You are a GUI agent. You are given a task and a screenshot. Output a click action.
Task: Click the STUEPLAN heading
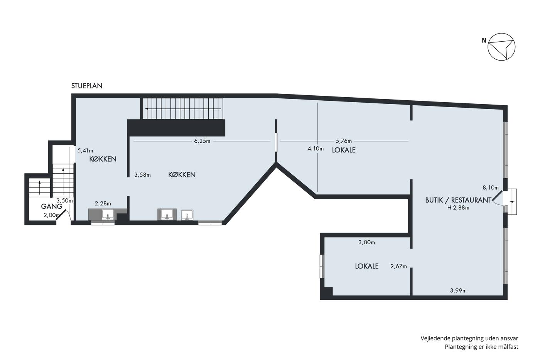coord(87,86)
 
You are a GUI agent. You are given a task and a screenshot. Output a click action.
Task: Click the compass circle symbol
coord(501,47)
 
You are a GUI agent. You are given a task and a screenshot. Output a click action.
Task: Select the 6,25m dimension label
coord(202,141)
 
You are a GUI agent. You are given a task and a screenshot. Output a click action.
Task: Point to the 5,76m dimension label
coord(344,141)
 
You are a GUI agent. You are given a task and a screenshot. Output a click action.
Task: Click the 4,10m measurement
coord(316,149)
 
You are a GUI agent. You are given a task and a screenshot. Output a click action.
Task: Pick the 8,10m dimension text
coord(491,188)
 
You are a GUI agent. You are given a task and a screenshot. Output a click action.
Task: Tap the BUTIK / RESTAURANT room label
coord(458,200)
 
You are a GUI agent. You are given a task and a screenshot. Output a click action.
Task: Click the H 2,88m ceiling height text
coord(458,208)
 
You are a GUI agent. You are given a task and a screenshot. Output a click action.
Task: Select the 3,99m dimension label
coord(458,291)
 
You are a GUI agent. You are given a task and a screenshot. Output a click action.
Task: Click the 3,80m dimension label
coord(367,243)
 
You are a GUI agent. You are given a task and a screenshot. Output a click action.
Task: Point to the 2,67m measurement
coord(398,267)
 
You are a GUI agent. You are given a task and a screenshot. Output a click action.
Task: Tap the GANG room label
coord(52,206)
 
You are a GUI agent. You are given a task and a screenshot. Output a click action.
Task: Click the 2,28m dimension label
coord(103,204)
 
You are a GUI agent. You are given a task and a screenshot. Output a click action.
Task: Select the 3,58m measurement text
coord(142,175)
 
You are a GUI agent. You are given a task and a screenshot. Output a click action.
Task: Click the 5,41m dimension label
coord(85,151)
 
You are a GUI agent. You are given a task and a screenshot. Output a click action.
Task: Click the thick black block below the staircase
coord(176,128)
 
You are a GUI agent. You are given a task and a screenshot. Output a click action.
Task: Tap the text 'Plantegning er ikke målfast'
coord(481,347)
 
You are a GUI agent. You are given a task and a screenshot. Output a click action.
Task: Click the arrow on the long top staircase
coord(183,109)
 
